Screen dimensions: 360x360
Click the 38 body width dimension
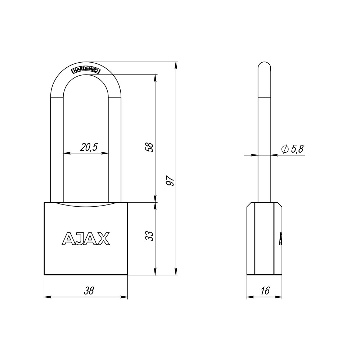pyautogui.click(x=89, y=291)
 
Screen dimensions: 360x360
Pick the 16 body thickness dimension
pyautogui.click(x=265, y=291)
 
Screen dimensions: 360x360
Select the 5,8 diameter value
pyautogui.click(x=297, y=149)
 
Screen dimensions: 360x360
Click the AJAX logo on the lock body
pyautogui.click(x=86, y=238)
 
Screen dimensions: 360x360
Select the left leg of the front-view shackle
pyautogui.click(x=57, y=151)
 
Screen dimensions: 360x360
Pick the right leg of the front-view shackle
pyautogui.click(x=115, y=151)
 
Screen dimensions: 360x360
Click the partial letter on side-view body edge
pyautogui.click(x=280, y=238)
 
